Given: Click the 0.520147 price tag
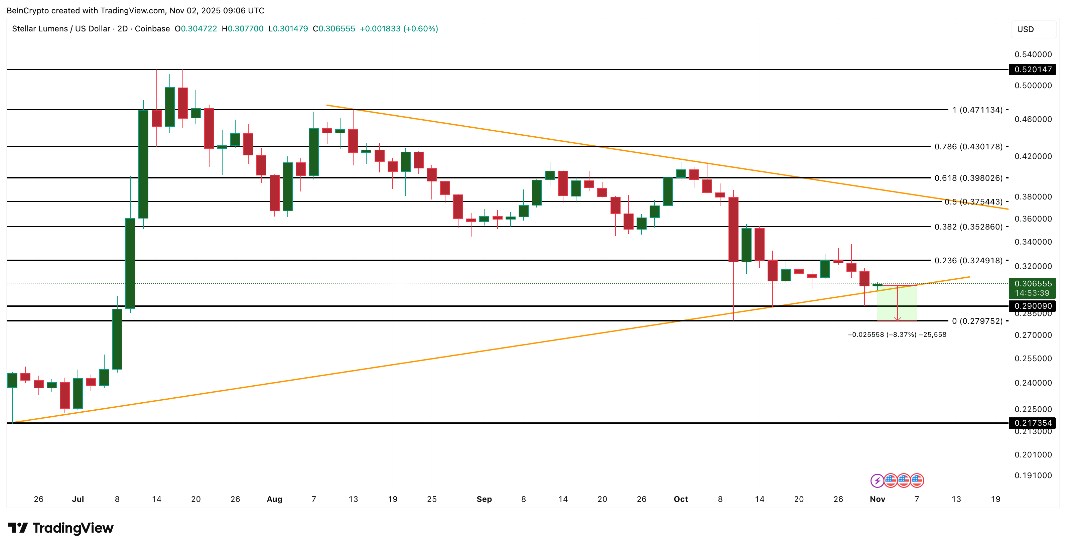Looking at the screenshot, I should pyautogui.click(x=1033, y=70).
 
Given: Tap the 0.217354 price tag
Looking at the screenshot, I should pyautogui.click(x=1033, y=423).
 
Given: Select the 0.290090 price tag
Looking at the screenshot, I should pyautogui.click(x=1033, y=306).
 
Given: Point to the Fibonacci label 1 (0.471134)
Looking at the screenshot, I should pyautogui.click(x=977, y=110).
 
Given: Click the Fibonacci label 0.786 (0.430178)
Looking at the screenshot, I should pyautogui.click(x=968, y=146).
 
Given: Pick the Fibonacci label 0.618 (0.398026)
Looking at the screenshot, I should pyautogui.click(x=968, y=178).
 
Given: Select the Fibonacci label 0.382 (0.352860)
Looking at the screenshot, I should pyautogui.click(x=968, y=227).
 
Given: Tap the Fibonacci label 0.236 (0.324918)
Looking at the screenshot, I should pyautogui.click(x=968, y=260).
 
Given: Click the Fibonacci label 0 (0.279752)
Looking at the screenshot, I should pyautogui.click(x=977, y=321).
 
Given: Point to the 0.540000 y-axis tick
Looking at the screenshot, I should pyautogui.click(x=1033, y=54).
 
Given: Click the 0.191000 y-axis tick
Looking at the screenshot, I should pyautogui.click(x=1033, y=475).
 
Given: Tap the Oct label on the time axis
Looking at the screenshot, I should pyautogui.click(x=681, y=499).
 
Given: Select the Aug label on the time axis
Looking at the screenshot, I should pyautogui.click(x=274, y=499).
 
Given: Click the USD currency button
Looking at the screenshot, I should pyautogui.click(x=1026, y=29).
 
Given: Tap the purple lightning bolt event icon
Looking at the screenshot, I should pyautogui.click(x=877, y=481).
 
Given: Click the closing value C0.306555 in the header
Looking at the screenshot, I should pyautogui.click(x=334, y=28).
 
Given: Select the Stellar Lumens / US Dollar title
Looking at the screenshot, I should pyautogui.click(x=61, y=28).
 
